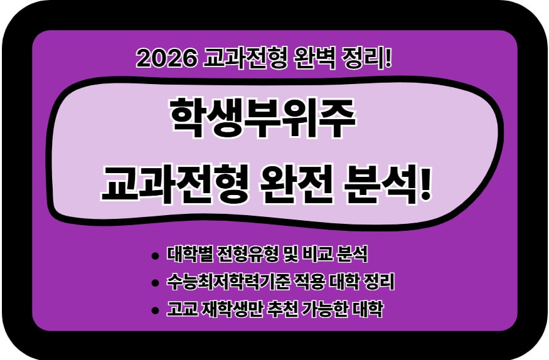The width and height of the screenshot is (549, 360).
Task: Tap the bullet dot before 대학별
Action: pyautogui.click(x=155, y=257)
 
